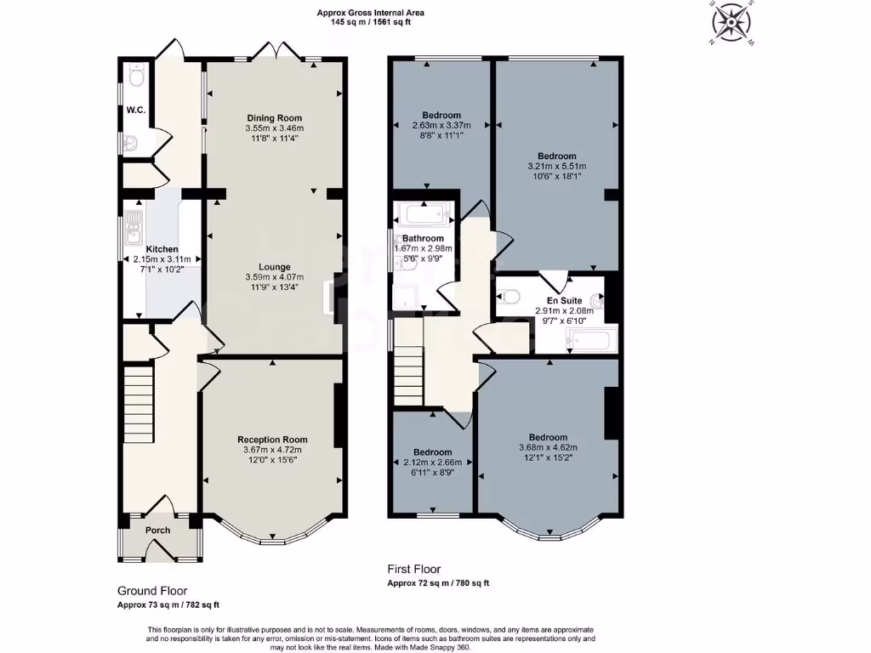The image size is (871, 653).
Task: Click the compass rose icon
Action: click(731, 21)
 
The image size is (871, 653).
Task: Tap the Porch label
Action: click(157, 531)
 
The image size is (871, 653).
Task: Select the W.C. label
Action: click(135, 109)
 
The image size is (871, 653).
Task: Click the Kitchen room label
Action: click(162, 249)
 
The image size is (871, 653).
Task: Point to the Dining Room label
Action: click(274, 118)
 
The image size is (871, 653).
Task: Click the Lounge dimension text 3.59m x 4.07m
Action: click(274, 277)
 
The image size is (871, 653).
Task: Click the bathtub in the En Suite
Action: click(589, 342)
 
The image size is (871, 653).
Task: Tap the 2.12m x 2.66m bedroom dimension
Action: click(432, 463)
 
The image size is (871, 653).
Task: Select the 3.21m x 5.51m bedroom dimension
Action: click(557, 167)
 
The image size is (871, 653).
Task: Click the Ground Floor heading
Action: click(152, 590)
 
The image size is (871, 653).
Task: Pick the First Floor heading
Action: click(414, 570)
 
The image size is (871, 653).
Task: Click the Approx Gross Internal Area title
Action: click(370, 13)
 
